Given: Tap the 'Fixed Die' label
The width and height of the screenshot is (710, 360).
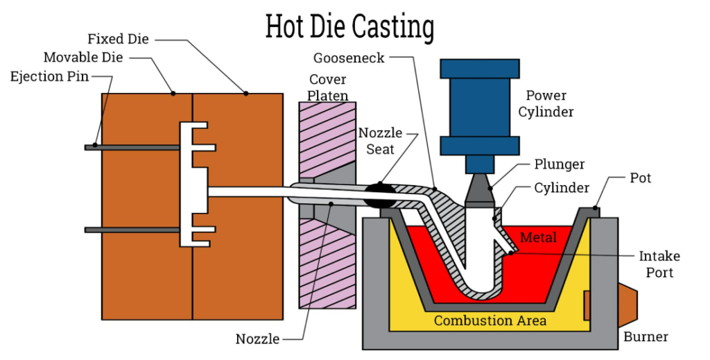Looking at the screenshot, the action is tap(118, 39).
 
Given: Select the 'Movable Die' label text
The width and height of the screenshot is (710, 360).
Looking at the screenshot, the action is tap(83, 58).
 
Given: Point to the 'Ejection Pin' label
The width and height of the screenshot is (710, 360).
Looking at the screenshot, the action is tap(49, 76).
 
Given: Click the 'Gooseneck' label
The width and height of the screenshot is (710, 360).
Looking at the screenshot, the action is tap(349, 58).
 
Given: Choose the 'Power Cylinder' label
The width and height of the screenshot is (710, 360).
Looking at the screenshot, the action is tap(546, 103).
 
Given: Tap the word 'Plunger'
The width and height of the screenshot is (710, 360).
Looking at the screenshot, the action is tap(560, 164).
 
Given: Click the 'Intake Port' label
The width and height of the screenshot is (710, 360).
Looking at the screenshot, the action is tap(659, 264).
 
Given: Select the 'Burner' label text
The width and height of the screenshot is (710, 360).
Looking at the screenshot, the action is tap(646, 337).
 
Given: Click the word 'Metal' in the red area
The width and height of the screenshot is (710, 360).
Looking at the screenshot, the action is tap(538, 237).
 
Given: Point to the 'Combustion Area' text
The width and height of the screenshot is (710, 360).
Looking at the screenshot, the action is tap(490, 320).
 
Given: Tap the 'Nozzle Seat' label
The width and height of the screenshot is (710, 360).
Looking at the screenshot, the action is tap(381, 141).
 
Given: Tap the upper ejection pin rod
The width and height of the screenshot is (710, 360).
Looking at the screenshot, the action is tap(132, 148).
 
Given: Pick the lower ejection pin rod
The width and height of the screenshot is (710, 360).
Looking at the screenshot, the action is tap(132, 230).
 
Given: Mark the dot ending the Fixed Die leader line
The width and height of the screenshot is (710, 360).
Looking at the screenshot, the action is tap(246, 94).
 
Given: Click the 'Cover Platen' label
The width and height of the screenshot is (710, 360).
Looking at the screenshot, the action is tap(328, 87).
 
